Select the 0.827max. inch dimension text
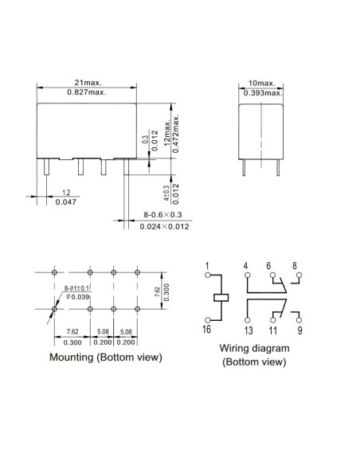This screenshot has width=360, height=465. click(x=87, y=92)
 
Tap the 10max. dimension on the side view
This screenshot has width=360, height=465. click(x=262, y=84)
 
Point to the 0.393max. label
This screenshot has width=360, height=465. click(x=263, y=93)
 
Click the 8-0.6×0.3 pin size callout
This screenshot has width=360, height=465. click(x=162, y=214)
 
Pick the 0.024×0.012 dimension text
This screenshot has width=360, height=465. click(x=164, y=227)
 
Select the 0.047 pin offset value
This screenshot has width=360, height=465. click(x=66, y=202)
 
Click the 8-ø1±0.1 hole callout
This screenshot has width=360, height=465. click(x=76, y=288)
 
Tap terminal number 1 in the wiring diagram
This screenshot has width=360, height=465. click(x=207, y=266)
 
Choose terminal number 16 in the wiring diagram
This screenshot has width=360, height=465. click(x=207, y=329)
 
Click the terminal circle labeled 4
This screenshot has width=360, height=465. click(x=248, y=275)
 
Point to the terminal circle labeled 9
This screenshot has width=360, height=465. click(x=299, y=320)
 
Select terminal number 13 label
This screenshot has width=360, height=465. click(x=248, y=330)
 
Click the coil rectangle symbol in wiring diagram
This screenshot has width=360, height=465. click(x=221, y=298)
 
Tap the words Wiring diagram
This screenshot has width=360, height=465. click(x=254, y=348)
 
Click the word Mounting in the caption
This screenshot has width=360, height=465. click(x=71, y=357)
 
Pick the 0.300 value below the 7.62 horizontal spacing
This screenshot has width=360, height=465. click(x=72, y=342)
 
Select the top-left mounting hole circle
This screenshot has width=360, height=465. click(x=54, y=272)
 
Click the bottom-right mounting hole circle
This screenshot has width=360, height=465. click(x=137, y=309)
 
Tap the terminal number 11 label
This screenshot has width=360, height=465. click(x=273, y=330)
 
